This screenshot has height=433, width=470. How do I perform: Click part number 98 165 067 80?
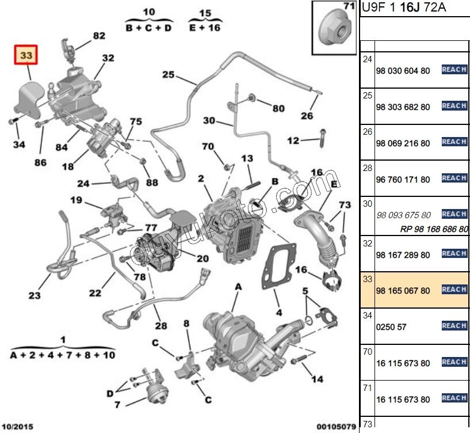pos(403,291)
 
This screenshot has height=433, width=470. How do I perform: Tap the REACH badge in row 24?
pos(454,70)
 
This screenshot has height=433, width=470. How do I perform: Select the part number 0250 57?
pos(391,327)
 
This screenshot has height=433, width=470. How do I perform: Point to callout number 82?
pos(100,36)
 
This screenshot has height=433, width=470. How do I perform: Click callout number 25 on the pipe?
pos(168,74)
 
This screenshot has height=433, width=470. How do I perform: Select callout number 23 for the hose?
pos(35,295)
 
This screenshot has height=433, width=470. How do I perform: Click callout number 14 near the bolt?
pos(317,379)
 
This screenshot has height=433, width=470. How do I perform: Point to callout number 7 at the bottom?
pos(117,405)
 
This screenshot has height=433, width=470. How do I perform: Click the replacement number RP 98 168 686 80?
pos(434,229)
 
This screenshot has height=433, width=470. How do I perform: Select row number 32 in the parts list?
pos(368,244)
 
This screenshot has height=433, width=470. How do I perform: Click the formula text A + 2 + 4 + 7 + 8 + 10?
pos(63,355)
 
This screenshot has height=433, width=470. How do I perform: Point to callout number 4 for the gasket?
pos(278,313)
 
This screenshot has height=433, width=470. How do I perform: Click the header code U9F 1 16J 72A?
pos(403,9)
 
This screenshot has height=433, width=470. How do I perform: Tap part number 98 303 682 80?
pos(403,107)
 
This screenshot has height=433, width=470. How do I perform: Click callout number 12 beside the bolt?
pos(293,140)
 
